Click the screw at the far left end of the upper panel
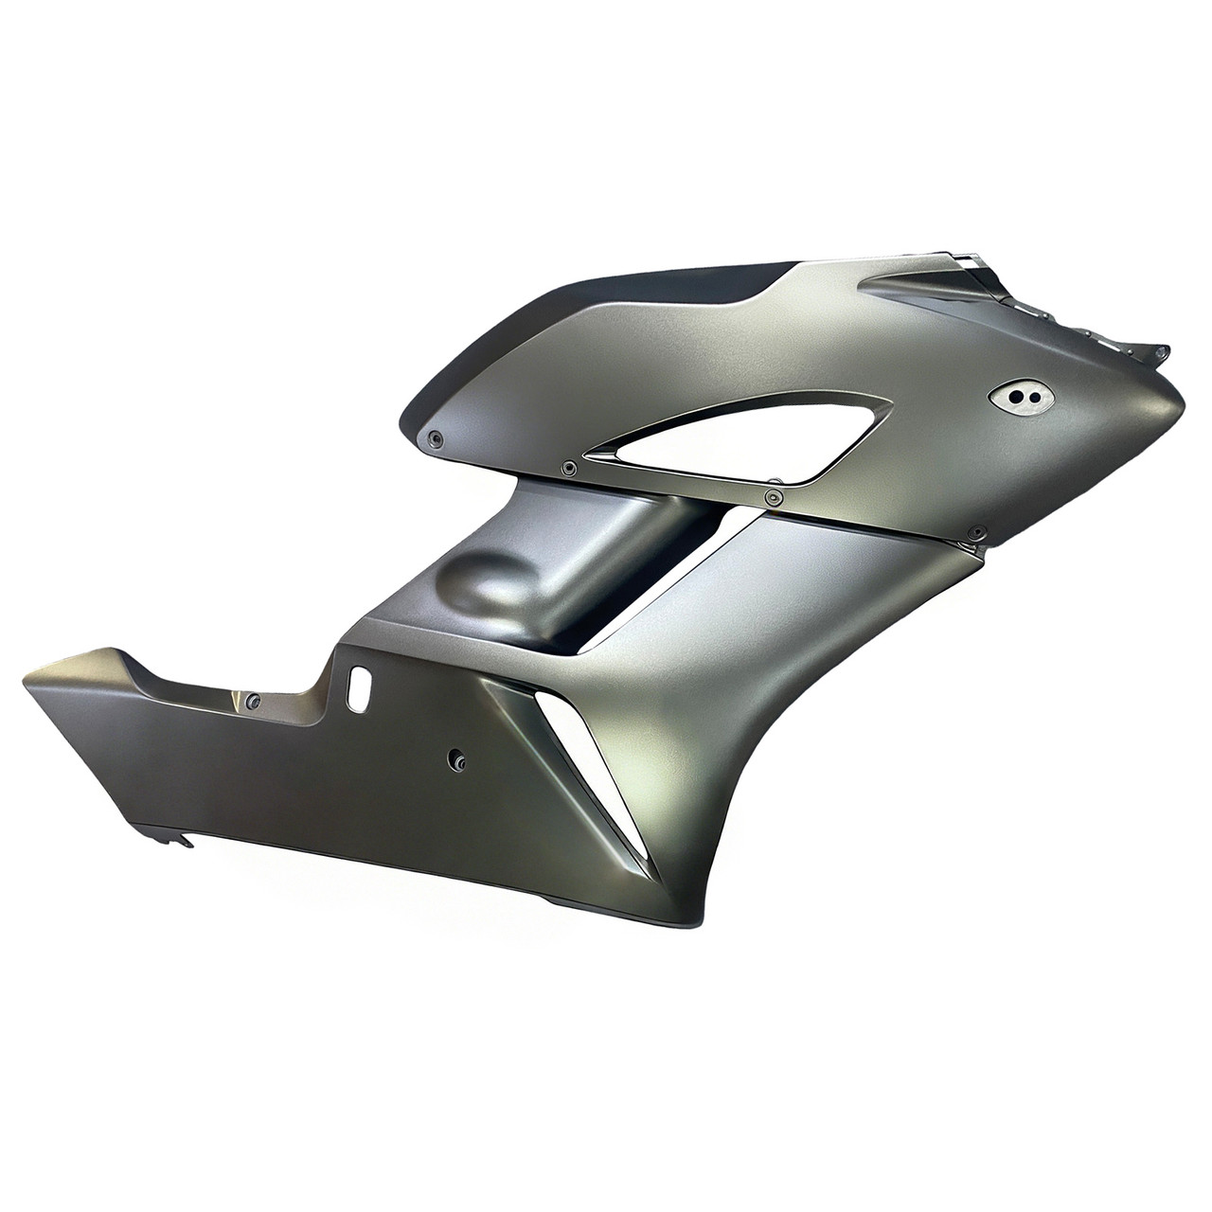point(435,437)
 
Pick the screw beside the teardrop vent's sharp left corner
point(567,467)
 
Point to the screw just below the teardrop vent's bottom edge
point(775,495)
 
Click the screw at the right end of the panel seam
point(978,533)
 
